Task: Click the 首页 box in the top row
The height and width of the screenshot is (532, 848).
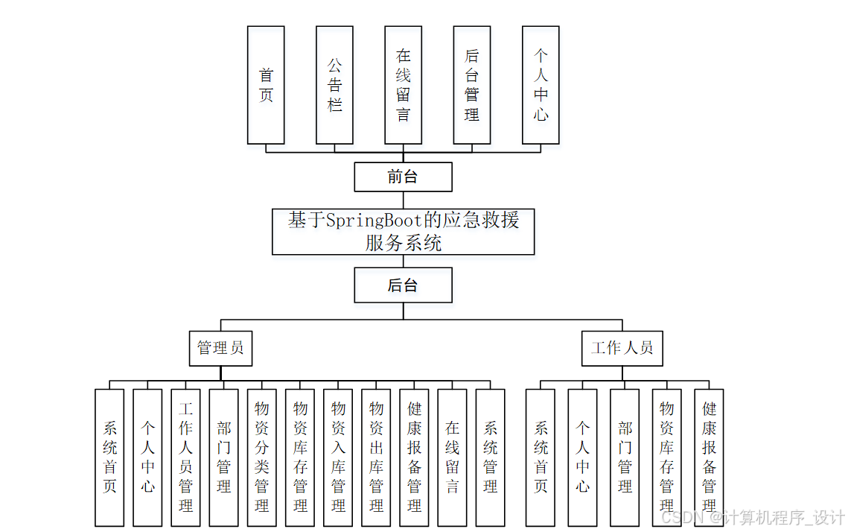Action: click(x=266, y=85)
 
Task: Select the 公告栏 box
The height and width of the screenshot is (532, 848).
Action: click(x=334, y=85)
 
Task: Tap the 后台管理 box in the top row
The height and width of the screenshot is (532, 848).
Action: click(x=471, y=85)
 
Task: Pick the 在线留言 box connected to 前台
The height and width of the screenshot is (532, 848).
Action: click(x=403, y=85)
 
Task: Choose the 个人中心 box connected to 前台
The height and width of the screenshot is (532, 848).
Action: click(x=541, y=85)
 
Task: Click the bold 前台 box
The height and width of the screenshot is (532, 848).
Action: click(x=403, y=177)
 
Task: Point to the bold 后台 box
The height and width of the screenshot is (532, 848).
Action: click(x=403, y=285)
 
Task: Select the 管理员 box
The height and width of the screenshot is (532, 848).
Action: click(x=220, y=348)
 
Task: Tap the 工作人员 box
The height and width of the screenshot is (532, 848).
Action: click(x=622, y=348)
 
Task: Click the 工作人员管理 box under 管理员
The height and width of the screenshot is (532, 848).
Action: click(x=186, y=457)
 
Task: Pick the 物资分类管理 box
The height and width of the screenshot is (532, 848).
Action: click(x=262, y=457)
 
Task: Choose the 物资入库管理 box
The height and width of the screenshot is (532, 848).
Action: click(x=338, y=457)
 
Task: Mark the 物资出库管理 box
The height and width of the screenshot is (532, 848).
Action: click(x=376, y=457)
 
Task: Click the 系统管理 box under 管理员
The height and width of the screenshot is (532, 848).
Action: click(x=490, y=457)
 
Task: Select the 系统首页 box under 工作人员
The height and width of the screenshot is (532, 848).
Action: click(x=541, y=457)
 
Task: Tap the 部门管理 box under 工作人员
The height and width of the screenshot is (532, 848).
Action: click(x=625, y=457)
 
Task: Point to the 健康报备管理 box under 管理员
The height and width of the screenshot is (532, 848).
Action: click(x=414, y=457)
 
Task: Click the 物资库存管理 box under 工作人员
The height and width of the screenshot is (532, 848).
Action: click(x=666, y=457)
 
